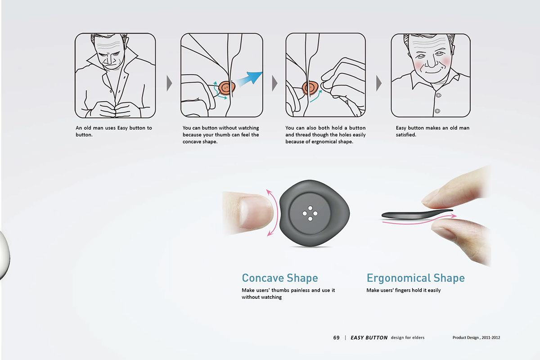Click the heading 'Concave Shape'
279,278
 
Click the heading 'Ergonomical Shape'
415,278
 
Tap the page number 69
336,337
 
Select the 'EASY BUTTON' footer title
369,337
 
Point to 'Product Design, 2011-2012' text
476,337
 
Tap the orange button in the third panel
310,87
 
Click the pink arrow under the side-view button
418,220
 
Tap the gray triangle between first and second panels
169,83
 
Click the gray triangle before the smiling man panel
379,83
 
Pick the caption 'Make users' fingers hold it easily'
403,290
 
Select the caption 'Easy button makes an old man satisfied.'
432,131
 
